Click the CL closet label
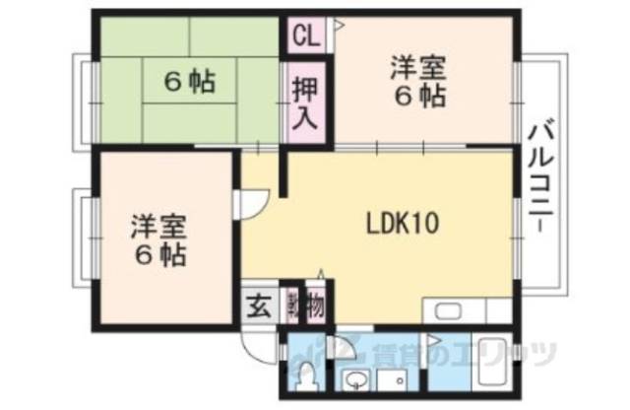305,37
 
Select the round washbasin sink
355,380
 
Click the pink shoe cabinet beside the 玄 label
291,305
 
